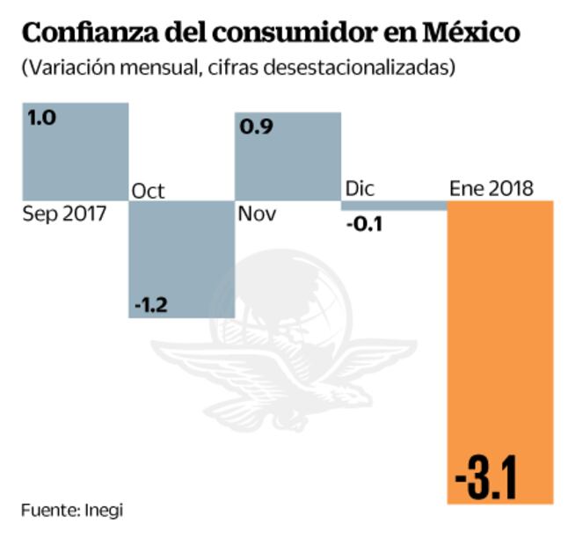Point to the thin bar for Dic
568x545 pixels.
[394, 205]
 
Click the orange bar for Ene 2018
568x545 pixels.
[500, 352]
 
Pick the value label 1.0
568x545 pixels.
[41, 118]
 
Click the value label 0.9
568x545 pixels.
[256, 126]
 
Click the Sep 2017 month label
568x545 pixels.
[63, 214]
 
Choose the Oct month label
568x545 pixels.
[148, 191]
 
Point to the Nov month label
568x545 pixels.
[257, 214]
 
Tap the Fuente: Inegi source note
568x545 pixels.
[72, 510]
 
